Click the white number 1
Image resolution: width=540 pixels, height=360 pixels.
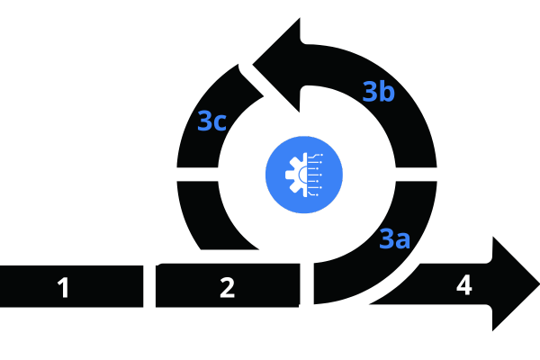click(63, 288)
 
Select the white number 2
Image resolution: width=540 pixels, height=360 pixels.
click(227, 288)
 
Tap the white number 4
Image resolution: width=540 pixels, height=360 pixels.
click(463, 285)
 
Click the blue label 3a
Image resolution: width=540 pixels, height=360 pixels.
click(394, 239)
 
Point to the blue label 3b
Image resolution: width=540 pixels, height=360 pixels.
click(378, 92)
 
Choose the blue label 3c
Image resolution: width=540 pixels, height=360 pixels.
click(211, 121)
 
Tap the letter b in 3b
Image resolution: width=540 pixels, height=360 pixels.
click(387, 91)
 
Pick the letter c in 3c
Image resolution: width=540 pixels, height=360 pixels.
click(220, 123)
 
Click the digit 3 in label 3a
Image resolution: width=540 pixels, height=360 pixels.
click(386, 238)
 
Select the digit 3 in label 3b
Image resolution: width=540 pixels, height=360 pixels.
click(370, 92)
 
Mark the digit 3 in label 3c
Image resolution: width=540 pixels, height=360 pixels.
click(204, 121)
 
